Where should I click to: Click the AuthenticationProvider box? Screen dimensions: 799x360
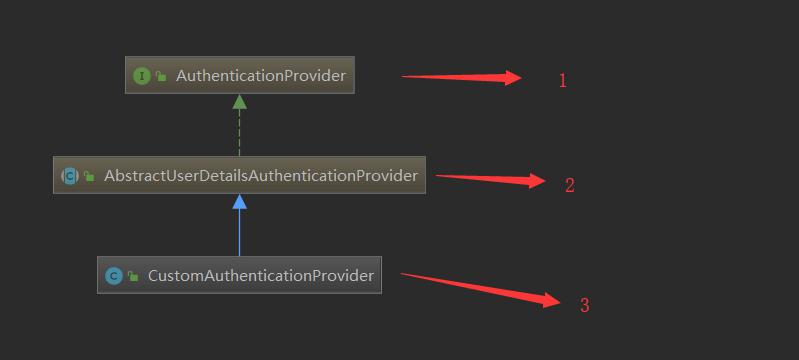pyautogui.click(x=239, y=75)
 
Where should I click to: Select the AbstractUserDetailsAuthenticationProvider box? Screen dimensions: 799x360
pyautogui.click(x=239, y=175)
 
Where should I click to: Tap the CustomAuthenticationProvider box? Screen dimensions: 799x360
pyautogui.click(x=239, y=275)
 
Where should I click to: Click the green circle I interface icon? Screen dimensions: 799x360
pyautogui.click(x=142, y=76)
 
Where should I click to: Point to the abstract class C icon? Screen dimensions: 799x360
pyautogui.click(x=70, y=176)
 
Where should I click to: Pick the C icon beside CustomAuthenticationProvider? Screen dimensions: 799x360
pyautogui.click(x=114, y=276)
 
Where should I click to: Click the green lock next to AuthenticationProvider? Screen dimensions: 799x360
pyautogui.click(x=161, y=76)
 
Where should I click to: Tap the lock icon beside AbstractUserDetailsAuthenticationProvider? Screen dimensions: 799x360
pyautogui.click(x=89, y=176)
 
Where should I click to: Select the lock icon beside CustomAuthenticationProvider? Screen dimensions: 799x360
pyautogui.click(x=133, y=276)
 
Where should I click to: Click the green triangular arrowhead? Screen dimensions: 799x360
pyautogui.click(x=239, y=102)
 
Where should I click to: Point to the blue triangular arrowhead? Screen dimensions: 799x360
pyautogui.click(x=239, y=202)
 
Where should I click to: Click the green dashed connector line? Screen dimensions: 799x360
pyautogui.click(x=239, y=133)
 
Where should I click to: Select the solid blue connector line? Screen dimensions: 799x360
pyautogui.click(x=239, y=233)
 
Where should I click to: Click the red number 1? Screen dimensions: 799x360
pyautogui.click(x=563, y=81)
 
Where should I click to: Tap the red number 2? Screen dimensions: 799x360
pyautogui.click(x=570, y=185)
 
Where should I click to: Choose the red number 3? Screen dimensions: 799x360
pyautogui.click(x=584, y=305)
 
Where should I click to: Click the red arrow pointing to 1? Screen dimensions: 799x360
pyautogui.click(x=461, y=78)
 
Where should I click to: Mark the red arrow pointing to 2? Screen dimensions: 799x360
pyautogui.click(x=491, y=178)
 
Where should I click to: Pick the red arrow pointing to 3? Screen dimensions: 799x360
pyautogui.click(x=481, y=289)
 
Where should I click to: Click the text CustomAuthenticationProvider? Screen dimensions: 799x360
pyautogui.click(x=261, y=276)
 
